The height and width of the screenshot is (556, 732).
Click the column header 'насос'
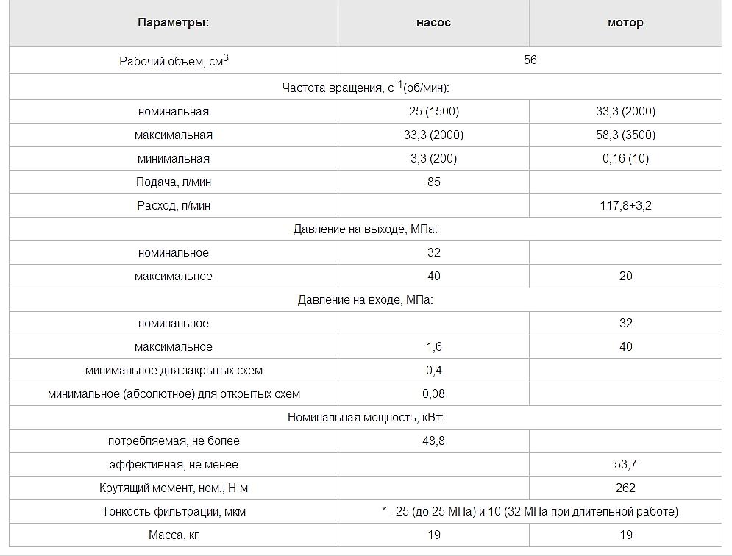click(433, 23)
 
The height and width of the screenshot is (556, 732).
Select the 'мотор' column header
click(625, 23)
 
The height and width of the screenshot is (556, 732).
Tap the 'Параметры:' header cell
click(174, 23)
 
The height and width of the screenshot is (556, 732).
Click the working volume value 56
click(530, 60)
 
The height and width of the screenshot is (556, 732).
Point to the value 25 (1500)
click(433, 112)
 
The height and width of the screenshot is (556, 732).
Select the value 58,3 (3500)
click(625, 135)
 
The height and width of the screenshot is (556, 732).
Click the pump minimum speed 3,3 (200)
click(433, 159)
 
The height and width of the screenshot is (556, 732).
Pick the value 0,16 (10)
click(625, 159)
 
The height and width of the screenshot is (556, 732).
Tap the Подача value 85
click(433, 182)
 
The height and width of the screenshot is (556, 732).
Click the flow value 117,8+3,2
click(625, 206)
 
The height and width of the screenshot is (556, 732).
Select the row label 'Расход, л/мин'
click(174, 206)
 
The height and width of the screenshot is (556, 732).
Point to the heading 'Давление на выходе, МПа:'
click(366, 229)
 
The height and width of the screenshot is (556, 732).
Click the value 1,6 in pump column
click(433, 347)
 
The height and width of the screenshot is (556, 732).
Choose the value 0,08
click(433, 394)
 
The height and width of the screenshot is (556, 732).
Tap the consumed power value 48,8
click(433, 441)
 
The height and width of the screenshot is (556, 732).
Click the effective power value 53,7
click(625, 465)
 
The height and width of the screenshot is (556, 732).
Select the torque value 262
click(625, 488)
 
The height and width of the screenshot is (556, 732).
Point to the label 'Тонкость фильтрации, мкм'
click(174, 512)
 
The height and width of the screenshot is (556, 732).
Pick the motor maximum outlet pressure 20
click(625, 277)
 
